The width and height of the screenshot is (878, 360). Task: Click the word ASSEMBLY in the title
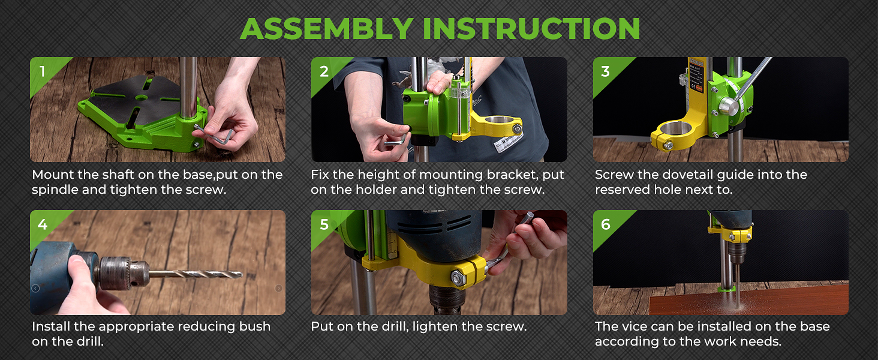(326, 29)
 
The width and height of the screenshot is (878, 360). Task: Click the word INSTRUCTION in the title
(531, 29)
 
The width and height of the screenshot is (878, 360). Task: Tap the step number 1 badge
(43, 71)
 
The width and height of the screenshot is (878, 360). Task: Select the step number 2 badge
(324, 71)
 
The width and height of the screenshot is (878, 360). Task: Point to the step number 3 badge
(605, 71)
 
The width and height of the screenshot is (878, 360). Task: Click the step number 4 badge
(43, 224)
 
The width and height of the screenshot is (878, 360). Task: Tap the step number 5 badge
(324, 224)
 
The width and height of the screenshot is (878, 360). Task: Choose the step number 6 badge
(606, 224)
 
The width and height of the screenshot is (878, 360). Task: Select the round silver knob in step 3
(729, 106)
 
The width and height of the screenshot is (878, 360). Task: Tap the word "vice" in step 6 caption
(638, 326)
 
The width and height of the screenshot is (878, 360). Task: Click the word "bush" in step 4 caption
(254, 326)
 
